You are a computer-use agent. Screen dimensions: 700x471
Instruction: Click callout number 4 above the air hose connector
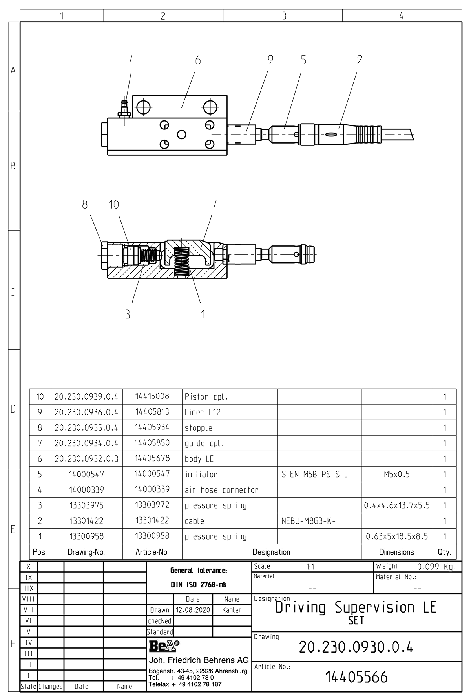click(x=132, y=60)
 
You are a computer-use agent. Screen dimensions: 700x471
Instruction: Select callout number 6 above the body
click(x=198, y=60)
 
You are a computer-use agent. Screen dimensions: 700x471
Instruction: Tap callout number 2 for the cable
click(x=360, y=60)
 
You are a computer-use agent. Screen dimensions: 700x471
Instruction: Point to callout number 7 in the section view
click(x=214, y=204)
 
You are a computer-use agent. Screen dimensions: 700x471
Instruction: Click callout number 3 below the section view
click(x=128, y=314)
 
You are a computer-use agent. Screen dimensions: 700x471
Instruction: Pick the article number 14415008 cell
click(x=152, y=396)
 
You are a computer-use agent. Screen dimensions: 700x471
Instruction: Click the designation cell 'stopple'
click(x=199, y=428)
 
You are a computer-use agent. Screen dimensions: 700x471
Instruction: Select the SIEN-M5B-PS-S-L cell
click(x=314, y=475)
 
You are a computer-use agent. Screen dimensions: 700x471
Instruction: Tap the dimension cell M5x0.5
click(x=397, y=475)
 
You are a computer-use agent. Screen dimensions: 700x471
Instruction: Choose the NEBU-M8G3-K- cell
click(x=309, y=521)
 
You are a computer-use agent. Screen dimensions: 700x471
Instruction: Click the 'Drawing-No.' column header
click(x=86, y=552)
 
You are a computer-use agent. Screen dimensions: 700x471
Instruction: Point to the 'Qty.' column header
click(x=444, y=552)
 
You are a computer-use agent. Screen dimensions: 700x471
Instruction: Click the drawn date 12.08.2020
click(x=193, y=610)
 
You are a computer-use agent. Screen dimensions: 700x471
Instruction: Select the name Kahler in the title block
click(x=232, y=610)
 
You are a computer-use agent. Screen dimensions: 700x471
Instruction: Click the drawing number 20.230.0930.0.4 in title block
click(x=356, y=647)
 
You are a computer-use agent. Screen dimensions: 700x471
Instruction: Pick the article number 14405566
click(x=356, y=677)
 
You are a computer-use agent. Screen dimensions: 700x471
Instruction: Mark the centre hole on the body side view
click(x=181, y=135)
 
